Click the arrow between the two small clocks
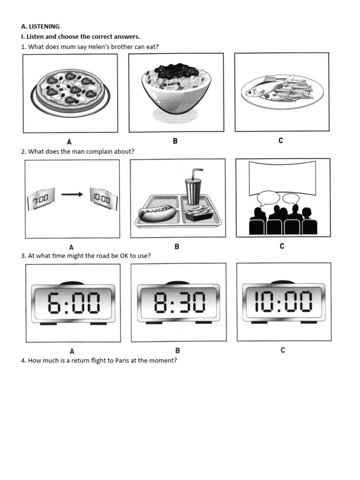(72, 195)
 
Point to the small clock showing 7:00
(41, 199)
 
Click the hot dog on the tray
(156, 213)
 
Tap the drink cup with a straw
(193, 187)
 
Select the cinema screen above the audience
(282, 178)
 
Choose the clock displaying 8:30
(179, 302)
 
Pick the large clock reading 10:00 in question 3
(284, 301)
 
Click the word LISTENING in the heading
(44, 26)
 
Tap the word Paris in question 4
(122, 360)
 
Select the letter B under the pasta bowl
(175, 141)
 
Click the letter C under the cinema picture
(282, 246)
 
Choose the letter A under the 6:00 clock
(72, 351)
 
